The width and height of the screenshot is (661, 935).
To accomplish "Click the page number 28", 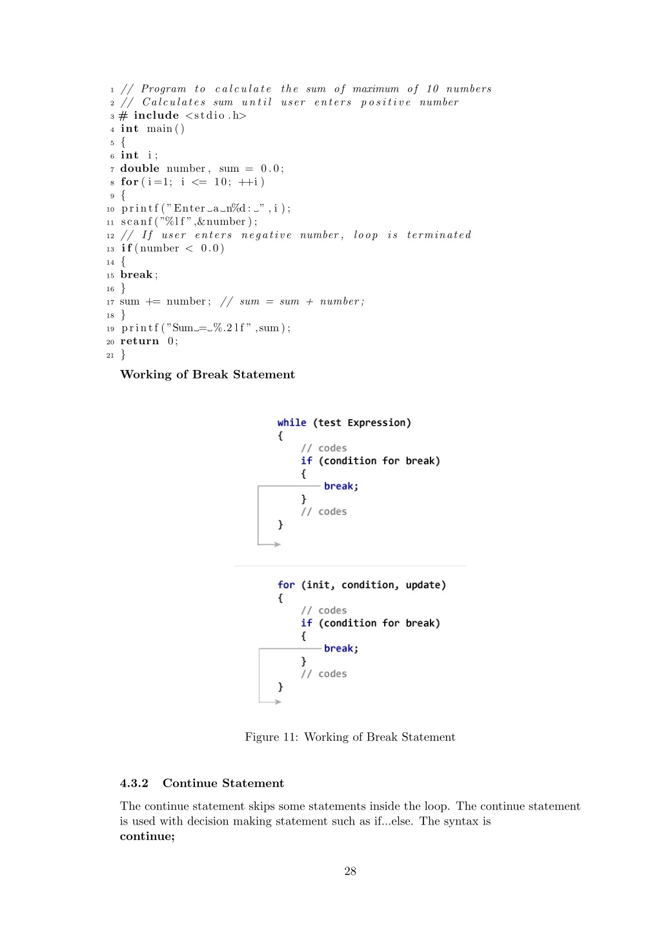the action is [x=350, y=871].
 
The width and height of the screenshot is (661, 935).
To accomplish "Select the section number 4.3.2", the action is [x=134, y=783].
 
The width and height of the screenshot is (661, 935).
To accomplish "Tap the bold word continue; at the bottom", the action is [x=147, y=836].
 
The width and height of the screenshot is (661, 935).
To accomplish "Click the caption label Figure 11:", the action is [x=272, y=737].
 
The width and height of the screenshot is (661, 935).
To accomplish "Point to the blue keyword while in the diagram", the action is [x=292, y=422].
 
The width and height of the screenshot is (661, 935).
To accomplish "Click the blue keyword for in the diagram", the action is [x=286, y=585].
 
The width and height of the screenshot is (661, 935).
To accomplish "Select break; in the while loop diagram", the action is [x=341, y=486].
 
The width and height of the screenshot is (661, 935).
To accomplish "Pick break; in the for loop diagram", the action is [x=341, y=649].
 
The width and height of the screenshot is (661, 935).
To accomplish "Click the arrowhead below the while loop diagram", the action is [x=278, y=544].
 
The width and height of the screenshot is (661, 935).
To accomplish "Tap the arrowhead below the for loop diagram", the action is [x=278, y=702].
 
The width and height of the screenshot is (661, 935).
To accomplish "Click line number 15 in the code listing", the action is [x=110, y=276].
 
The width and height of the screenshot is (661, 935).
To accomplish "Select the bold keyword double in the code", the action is [x=140, y=169].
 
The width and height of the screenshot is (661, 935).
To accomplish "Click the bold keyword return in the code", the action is [x=140, y=342].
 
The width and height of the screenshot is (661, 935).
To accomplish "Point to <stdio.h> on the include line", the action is [x=216, y=116].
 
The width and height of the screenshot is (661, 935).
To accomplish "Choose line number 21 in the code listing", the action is [x=110, y=356].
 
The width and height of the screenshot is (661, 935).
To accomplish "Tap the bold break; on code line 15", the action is [x=139, y=274].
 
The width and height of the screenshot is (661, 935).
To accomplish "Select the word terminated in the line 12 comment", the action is [x=439, y=235].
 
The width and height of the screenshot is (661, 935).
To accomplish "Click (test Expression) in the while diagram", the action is [x=362, y=423].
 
